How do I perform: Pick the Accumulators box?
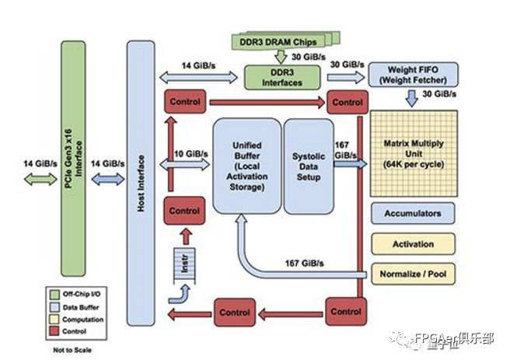coord(412,214)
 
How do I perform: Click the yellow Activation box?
coord(412,244)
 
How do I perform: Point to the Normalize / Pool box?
coord(412,274)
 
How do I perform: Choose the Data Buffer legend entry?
coord(62,306)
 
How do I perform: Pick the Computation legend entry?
coord(62,319)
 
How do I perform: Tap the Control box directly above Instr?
coord(184,211)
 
